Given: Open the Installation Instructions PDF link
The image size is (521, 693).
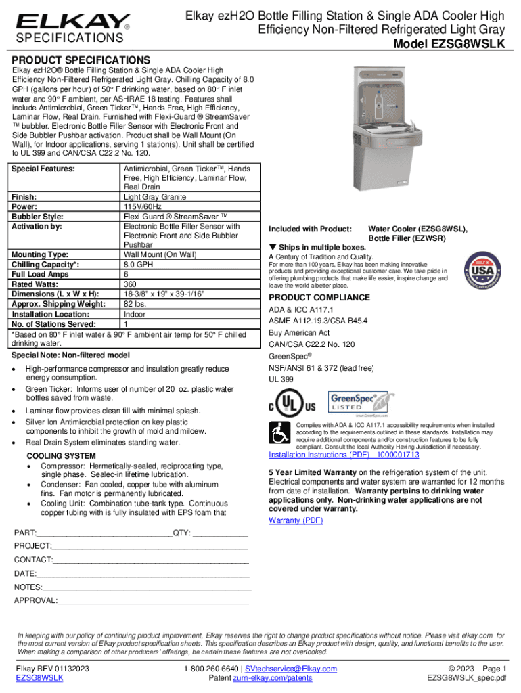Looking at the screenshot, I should click(x=344, y=455).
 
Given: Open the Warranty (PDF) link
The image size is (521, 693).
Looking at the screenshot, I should click(x=296, y=520).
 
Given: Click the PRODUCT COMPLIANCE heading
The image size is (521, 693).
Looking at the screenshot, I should click(x=319, y=298).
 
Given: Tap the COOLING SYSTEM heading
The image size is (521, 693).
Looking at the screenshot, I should click(x=61, y=455).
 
